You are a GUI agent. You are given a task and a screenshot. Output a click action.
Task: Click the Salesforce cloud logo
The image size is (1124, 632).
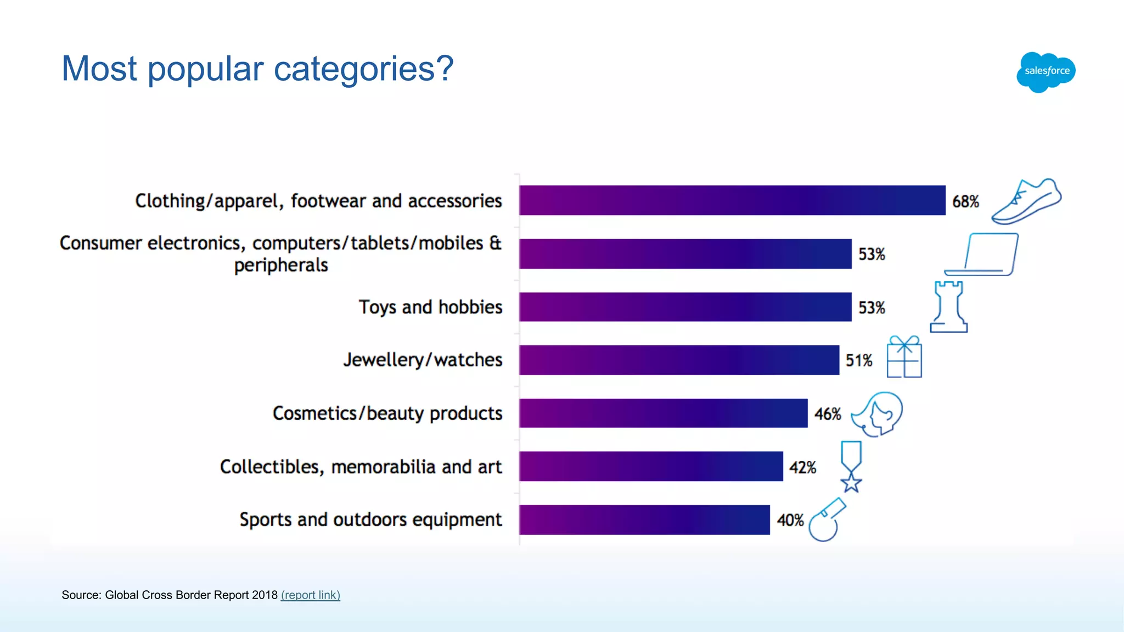pos(1046,72)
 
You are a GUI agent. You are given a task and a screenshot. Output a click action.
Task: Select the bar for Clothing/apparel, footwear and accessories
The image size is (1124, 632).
pos(732,200)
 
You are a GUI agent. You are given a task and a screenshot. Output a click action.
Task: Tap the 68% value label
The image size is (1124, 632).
pos(965,201)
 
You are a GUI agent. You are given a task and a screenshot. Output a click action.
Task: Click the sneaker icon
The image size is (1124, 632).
pos(1027,201)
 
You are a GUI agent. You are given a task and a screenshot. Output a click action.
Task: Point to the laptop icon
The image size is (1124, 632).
pos(982,255)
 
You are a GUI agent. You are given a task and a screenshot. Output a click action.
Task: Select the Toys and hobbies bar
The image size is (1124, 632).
pos(685,307)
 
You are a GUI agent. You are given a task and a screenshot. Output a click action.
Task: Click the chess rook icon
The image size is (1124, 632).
pos(948,307)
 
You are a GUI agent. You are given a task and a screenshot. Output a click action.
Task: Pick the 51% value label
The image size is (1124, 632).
pos(859,360)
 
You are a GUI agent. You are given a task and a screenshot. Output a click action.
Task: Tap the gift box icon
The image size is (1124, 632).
pos(904,357)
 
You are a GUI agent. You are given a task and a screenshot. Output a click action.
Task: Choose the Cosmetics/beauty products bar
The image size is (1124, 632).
pos(663,413)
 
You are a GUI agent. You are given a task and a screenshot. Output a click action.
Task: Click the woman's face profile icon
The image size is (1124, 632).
pos(878,414)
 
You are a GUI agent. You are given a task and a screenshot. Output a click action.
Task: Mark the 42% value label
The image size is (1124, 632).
pos(802,467)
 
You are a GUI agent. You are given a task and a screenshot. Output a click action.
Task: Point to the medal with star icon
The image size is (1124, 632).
pos(851,466)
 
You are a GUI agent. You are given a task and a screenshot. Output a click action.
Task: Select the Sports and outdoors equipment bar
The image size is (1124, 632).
pos(644,520)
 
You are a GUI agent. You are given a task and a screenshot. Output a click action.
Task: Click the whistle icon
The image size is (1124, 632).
pos(827,520)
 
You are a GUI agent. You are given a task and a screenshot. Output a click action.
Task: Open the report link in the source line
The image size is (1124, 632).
pos(311,595)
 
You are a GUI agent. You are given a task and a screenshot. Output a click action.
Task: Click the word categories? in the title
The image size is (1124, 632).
pos(363,69)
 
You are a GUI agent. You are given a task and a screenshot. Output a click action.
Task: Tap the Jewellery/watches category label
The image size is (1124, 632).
pos(423,360)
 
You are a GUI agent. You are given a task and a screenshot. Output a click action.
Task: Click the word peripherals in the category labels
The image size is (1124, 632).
pos(281,266)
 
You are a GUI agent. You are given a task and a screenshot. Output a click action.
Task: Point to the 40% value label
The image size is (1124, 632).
pos(790,520)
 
